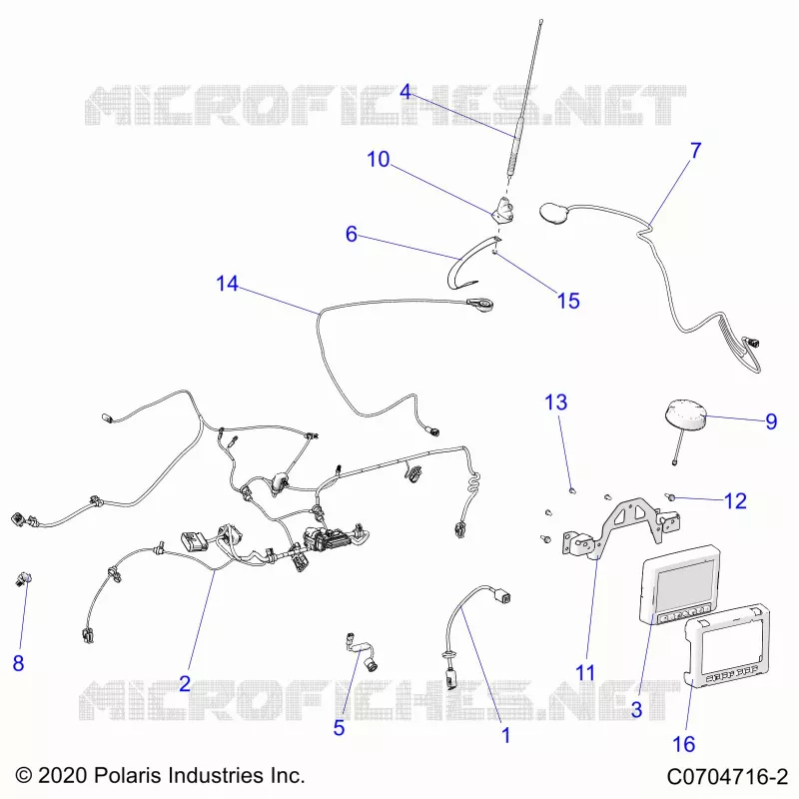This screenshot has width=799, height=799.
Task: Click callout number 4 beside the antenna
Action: click(405, 92)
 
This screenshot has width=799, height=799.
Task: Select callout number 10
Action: click(379, 160)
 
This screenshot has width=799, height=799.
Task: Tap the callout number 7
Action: click(696, 151)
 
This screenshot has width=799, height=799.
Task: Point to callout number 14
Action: click(227, 284)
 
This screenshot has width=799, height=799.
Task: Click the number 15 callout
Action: click(568, 302)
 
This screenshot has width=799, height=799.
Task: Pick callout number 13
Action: click(556, 402)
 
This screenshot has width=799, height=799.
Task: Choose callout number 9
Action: click(771, 421)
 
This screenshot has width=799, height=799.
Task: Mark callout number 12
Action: click(735, 501)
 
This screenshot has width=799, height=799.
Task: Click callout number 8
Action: click(18, 663)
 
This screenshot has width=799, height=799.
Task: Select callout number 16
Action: click(684, 744)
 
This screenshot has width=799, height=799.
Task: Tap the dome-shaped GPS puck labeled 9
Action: click(684, 417)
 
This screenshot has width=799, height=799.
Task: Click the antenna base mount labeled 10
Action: click(503, 211)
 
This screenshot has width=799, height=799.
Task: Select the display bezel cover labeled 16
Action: click(726, 644)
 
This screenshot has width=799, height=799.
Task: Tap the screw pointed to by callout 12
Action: click(671, 496)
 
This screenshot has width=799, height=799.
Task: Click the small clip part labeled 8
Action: click(23, 579)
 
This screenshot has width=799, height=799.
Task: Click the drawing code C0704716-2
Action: click(727, 777)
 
